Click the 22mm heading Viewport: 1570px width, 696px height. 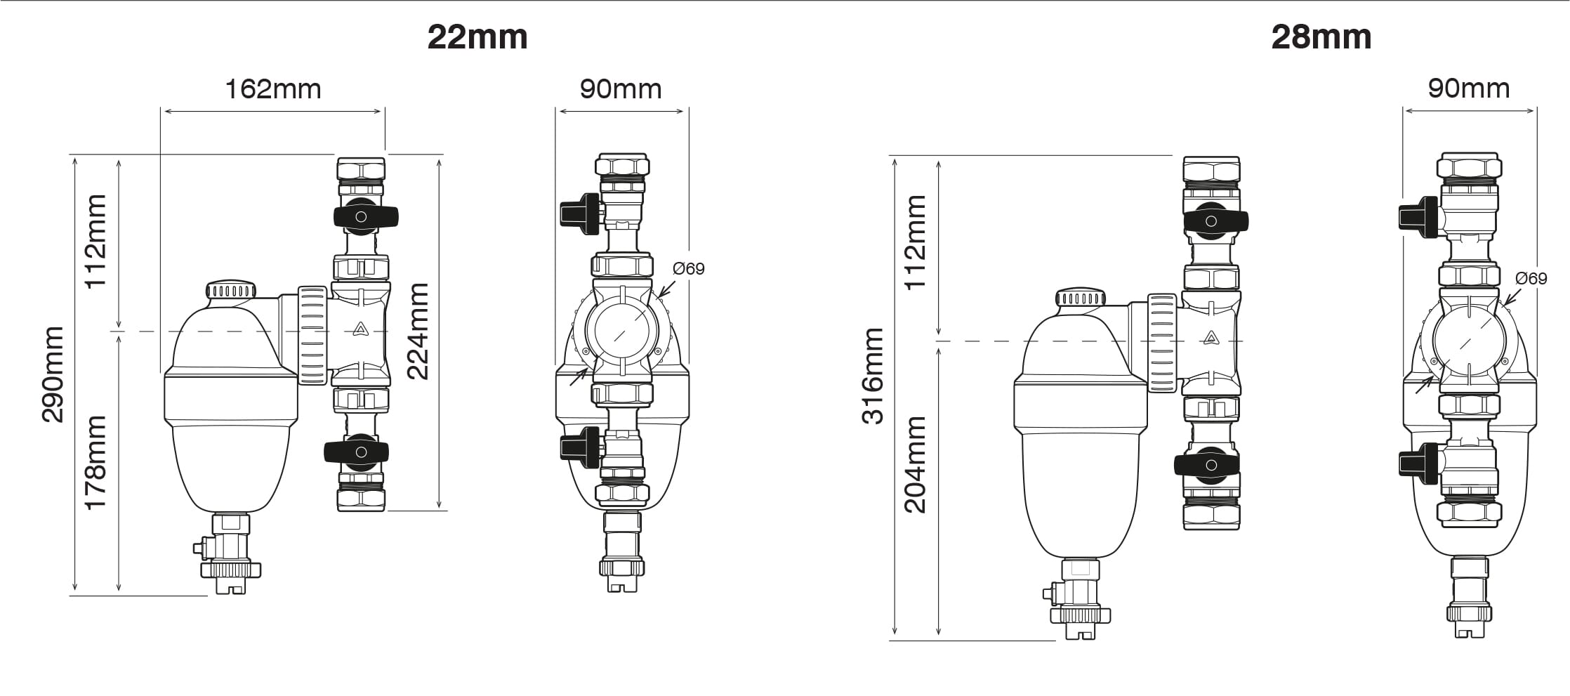(x=477, y=37)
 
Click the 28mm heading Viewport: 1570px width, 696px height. (x=1321, y=37)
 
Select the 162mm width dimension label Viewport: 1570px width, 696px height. (x=272, y=89)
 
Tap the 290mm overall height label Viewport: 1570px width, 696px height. (x=53, y=374)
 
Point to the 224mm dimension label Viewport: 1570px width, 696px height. (x=418, y=331)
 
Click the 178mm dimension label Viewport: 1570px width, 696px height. (x=95, y=462)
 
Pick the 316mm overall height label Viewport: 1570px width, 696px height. (x=873, y=376)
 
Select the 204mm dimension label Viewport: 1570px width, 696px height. (x=916, y=464)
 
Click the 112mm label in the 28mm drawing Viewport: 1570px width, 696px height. (x=916, y=242)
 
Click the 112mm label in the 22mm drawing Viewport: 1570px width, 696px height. (x=95, y=241)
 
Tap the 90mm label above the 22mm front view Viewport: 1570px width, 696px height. (x=621, y=89)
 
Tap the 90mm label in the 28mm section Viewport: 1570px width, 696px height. (x=1469, y=88)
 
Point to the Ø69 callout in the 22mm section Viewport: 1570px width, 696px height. (x=688, y=269)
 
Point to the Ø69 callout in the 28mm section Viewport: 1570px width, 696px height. (x=1531, y=279)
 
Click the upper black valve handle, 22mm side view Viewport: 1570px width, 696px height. (x=361, y=216)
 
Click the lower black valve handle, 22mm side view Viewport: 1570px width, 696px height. (x=356, y=452)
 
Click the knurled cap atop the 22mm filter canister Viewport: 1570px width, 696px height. (x=230, y=290)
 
